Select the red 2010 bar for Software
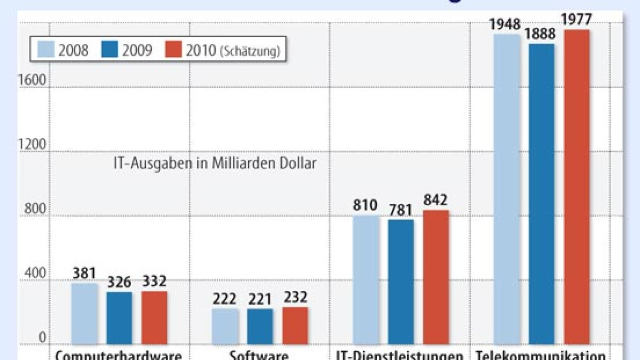295,325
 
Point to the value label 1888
541,34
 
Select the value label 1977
577,20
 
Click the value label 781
401,210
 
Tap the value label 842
436,200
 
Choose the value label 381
84,273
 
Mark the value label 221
260,299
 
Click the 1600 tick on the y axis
34,80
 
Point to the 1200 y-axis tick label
34,145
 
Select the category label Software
259,355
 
